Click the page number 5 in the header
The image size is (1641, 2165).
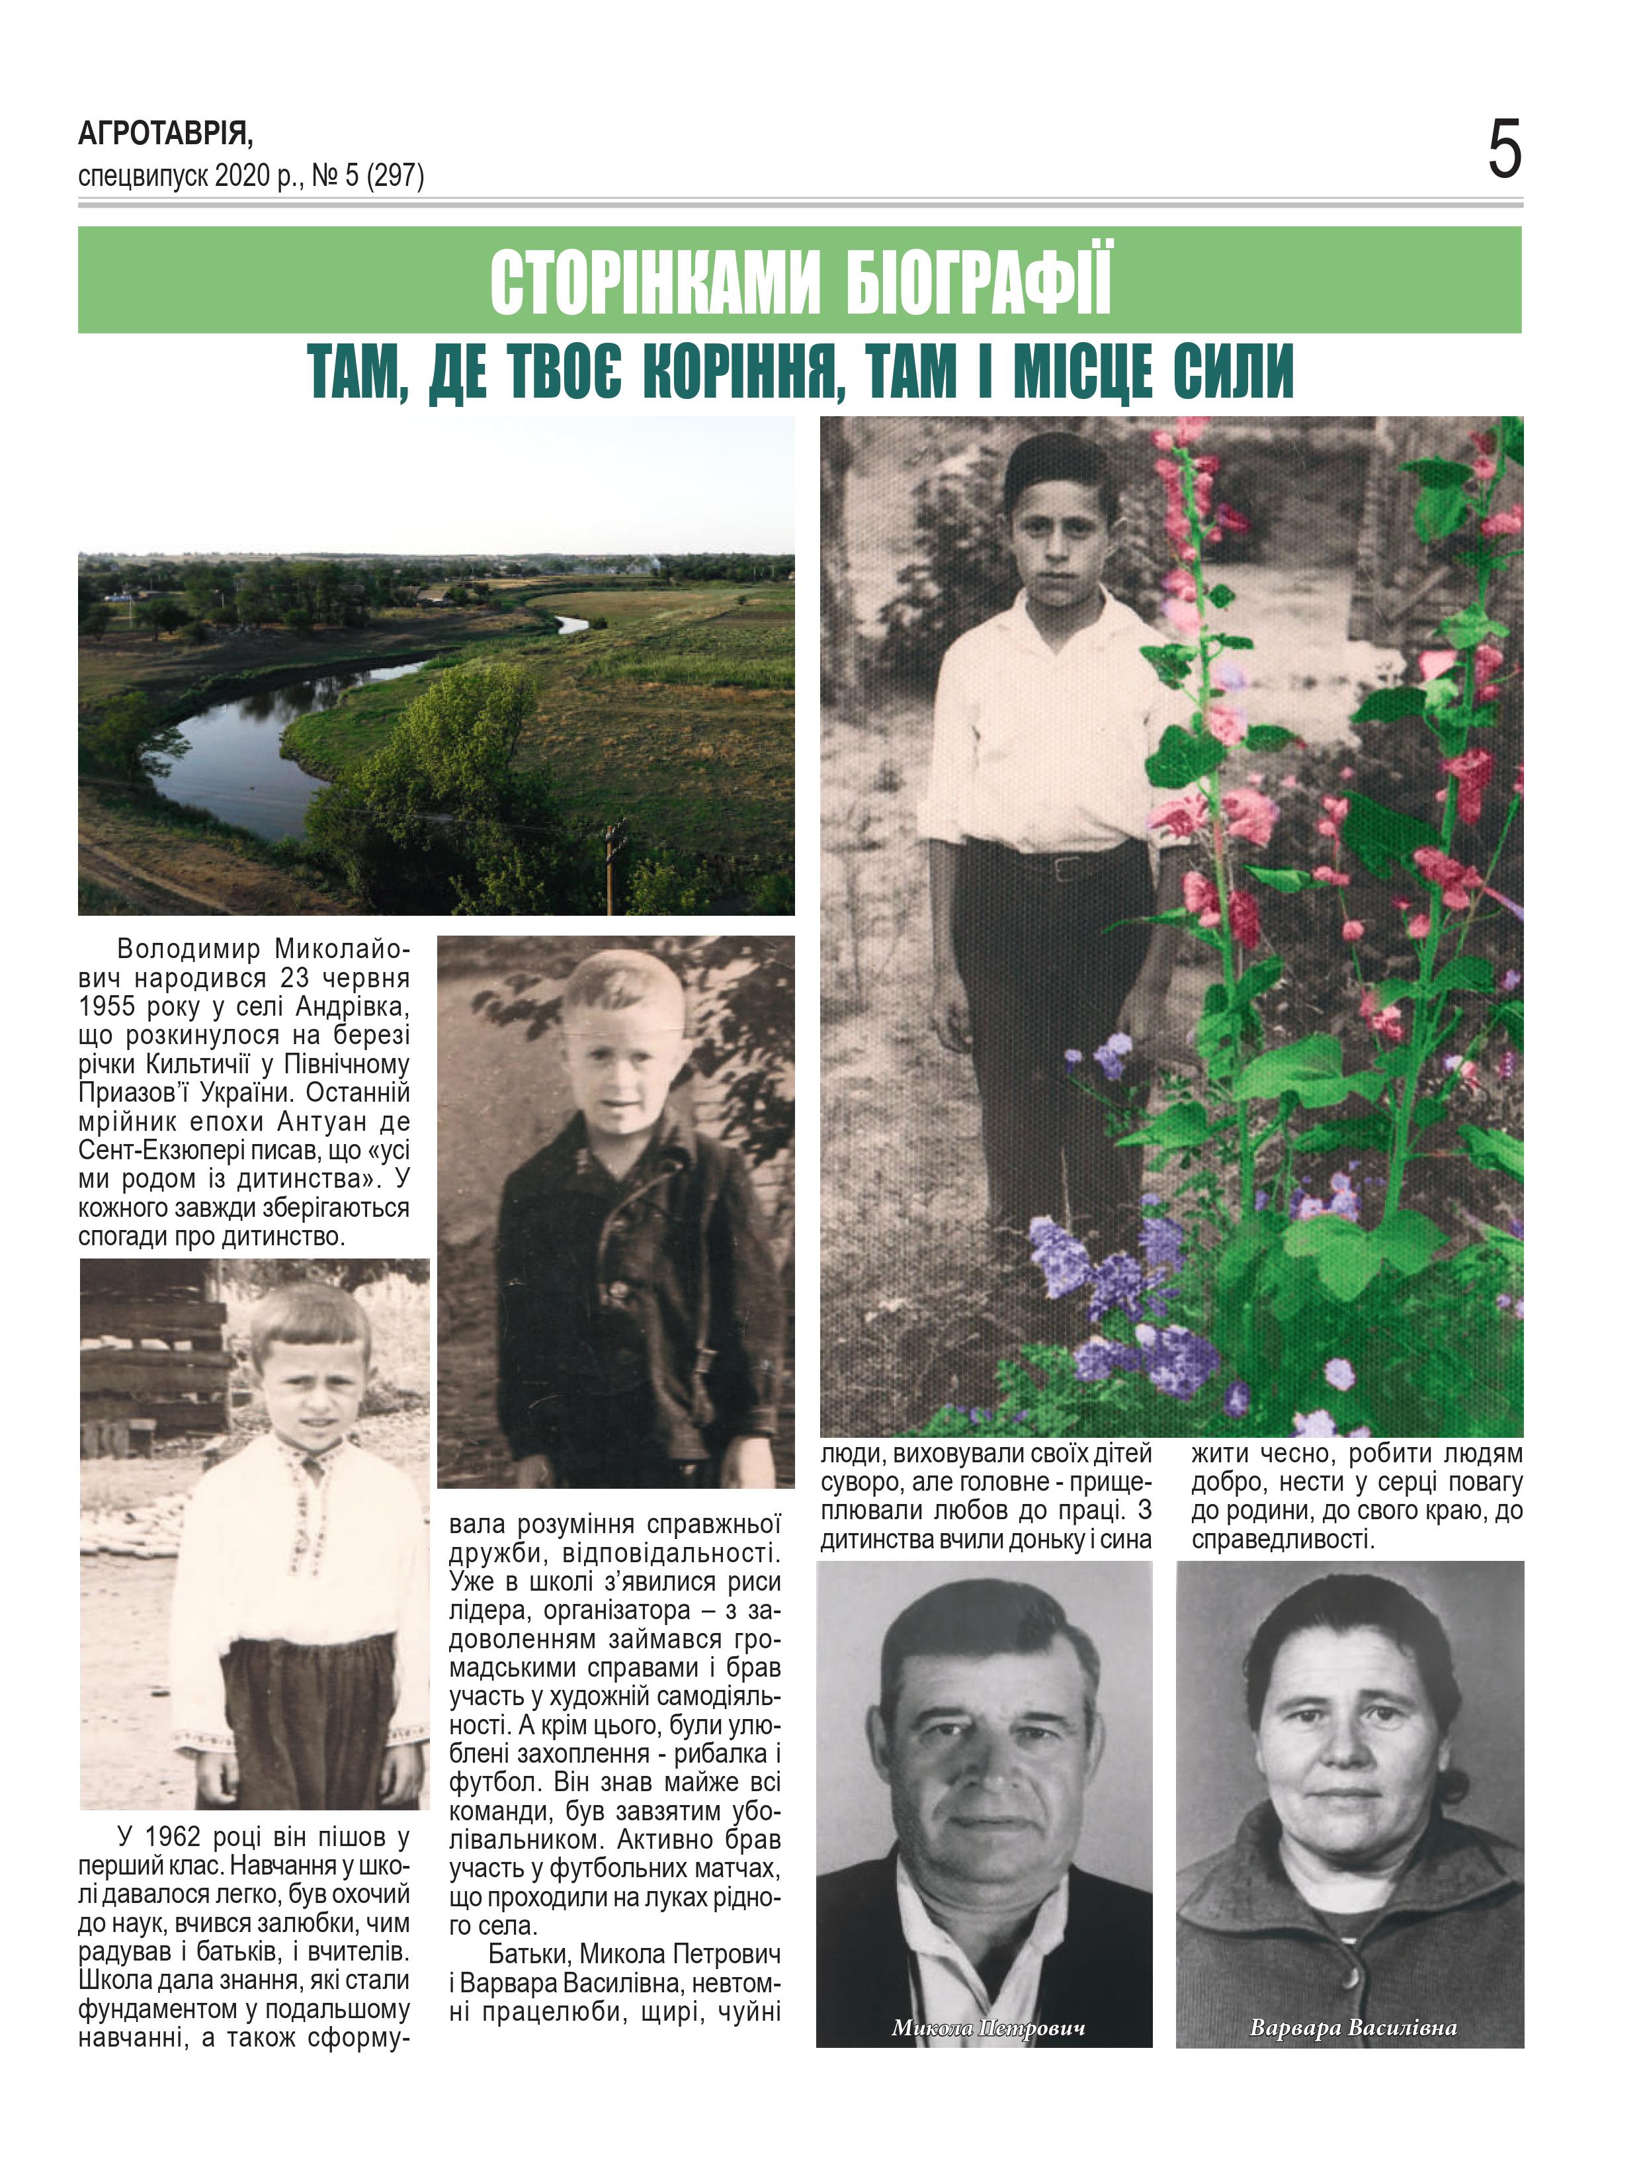pyautogui.click(x=1504, y=150)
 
